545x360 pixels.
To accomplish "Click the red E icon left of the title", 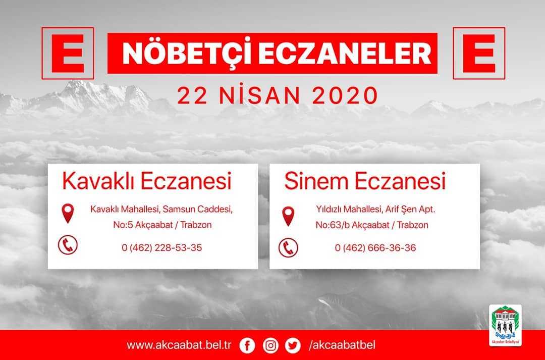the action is [x=68, y=53].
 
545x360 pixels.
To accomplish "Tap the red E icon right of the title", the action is [x=479, y=53].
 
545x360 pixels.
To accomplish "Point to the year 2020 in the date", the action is [x=345, y=95].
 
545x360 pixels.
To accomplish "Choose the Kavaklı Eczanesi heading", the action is [x=147, y=181].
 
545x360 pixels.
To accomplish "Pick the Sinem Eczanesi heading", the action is [x=365, y=181].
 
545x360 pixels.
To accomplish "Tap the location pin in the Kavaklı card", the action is [x=68, y=213].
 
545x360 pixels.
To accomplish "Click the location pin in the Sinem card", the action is [x=288, y=216].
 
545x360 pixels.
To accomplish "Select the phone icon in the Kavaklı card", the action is [x=68, y=245].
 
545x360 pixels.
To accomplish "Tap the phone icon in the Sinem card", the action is [x=288, y=247].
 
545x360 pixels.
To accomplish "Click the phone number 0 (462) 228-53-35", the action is [x=161, y=247].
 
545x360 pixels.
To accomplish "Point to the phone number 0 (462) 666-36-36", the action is [x=375, y=247].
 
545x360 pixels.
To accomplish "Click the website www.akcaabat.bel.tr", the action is [x=179, y=345].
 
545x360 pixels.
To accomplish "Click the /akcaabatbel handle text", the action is [x=342, y=345].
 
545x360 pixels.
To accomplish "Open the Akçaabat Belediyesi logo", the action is [x=505, y=325].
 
